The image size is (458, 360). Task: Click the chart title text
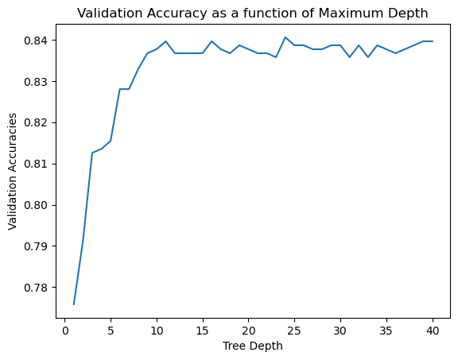(252, 14)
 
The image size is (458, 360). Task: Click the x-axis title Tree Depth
(252, 346)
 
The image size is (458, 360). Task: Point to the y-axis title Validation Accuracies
(12, 172)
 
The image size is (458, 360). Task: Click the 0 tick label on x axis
(65, 331)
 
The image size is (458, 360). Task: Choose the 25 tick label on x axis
(294, 331)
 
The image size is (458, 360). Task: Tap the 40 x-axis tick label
(433, 331)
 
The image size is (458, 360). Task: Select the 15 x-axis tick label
(203, 331)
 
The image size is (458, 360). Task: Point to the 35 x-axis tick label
(386, 331)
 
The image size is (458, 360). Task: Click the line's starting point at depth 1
(74, 304)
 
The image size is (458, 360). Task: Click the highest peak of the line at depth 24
(285, 37)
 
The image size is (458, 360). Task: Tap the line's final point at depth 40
(433, 41)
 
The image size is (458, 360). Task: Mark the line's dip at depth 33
(367, 57)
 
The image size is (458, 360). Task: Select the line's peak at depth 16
(212, 41)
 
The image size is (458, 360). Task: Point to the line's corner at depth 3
(92, 153)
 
